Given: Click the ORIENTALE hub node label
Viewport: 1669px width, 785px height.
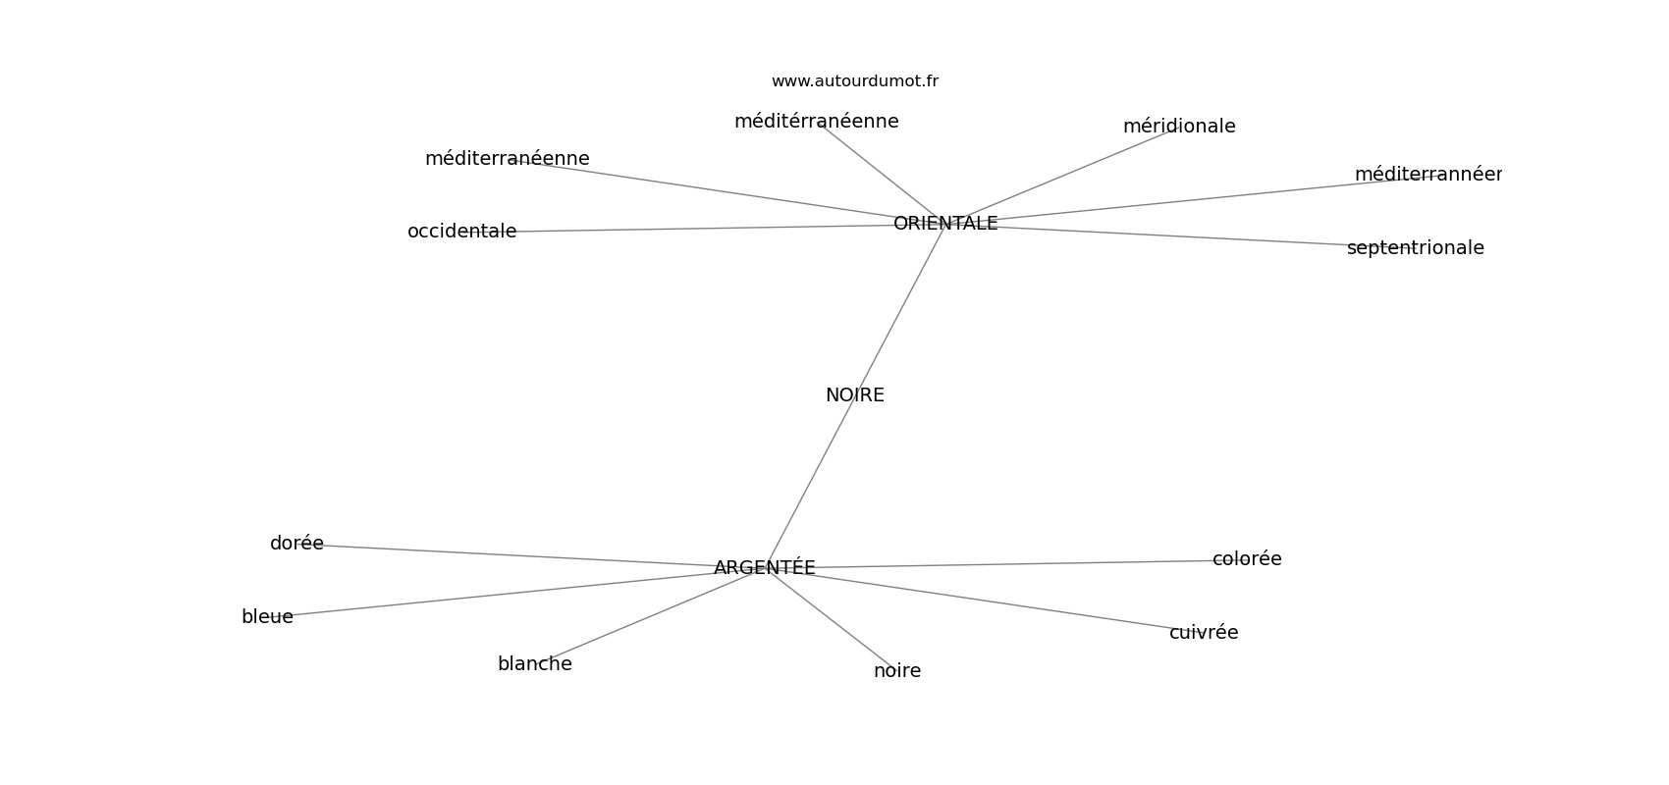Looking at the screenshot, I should tap(945, 224).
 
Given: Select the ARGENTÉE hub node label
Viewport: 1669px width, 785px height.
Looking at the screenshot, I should tap(764, 568).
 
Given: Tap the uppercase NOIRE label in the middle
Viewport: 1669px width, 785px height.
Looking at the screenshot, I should tap(854, 395).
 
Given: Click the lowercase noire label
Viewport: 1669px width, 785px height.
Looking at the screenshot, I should tap(896, 671).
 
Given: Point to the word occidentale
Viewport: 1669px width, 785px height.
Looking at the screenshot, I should tap(461, 232).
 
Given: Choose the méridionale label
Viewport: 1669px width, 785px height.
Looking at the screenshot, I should tap(1178, 127).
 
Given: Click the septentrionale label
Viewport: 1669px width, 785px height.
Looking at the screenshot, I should tap(1415, 248).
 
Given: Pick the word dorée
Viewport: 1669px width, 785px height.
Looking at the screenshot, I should tap(296, 544).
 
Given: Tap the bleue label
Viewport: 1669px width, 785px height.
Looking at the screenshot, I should tap(267, 617).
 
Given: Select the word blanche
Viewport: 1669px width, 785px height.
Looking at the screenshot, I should tap(534, 664).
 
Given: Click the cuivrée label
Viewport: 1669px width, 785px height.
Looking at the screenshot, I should tap(1203, 633).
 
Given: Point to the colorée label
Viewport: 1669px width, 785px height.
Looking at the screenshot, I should tap(1246, 559).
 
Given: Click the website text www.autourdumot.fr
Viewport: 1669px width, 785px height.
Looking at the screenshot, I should tap(854, 81).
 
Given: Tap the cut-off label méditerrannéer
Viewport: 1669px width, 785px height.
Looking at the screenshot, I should tap(1427, 175).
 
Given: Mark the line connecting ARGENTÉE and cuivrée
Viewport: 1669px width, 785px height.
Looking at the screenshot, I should tap(982, 600).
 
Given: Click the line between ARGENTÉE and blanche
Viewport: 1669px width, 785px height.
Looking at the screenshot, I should tap(648, 616).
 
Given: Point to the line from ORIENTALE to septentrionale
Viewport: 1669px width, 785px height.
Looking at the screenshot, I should tap(1178, 236).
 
